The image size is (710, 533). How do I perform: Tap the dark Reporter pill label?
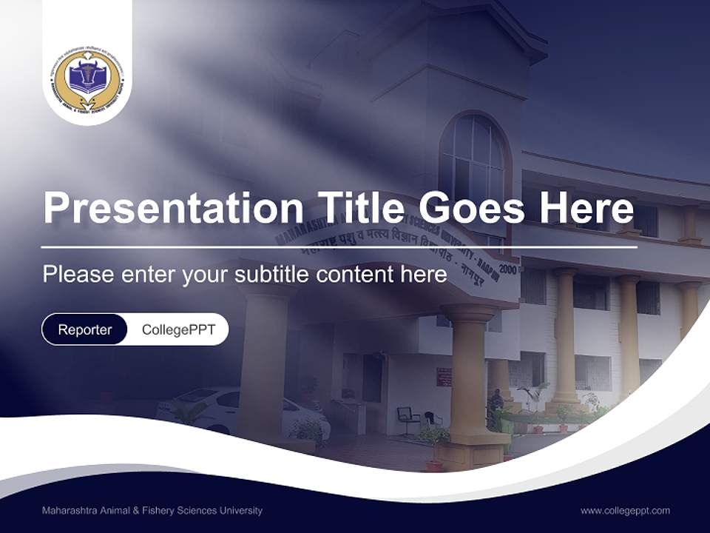point(85,329)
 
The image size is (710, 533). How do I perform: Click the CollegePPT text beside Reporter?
point(178,329)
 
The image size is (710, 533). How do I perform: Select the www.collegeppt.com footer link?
point(625,510)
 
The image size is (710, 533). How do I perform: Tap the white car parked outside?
point(244,412)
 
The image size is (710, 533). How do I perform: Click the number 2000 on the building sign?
point(508,269)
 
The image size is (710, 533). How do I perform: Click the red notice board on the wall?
point(444,376)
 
